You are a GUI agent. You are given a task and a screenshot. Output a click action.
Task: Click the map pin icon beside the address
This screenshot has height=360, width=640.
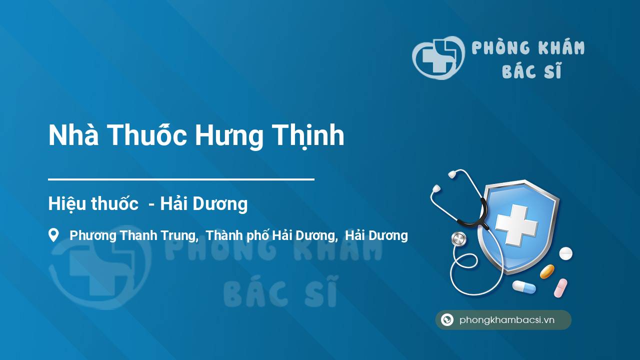click(x=53, y=235)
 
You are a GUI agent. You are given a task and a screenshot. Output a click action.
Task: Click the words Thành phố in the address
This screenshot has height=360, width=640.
click(x=237, y=235)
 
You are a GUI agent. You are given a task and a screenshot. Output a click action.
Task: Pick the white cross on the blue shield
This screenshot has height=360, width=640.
click(x=516, y=225)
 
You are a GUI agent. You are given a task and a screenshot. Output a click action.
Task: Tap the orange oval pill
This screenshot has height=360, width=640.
click(x=547, y=271)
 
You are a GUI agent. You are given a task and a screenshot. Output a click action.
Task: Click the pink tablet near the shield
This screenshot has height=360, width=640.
click(x=560, y=288)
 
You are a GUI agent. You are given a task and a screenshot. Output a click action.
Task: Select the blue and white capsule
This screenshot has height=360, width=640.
click(x=524, y=287)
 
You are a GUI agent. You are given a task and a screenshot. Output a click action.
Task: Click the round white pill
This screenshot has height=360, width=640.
click(x=565, y=253)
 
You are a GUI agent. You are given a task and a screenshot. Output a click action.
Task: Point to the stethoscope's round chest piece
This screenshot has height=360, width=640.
click(x=458, y=239)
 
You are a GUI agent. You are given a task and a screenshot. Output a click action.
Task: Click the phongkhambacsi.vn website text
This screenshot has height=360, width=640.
click(x=507, y=320)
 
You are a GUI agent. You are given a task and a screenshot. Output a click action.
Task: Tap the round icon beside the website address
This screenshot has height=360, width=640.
click(x=447, y=319)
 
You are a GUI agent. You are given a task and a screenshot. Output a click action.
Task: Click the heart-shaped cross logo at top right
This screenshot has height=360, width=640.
click(x=438, y=58)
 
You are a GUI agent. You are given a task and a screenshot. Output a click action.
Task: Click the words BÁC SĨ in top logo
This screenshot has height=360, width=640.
click(x=531, y=69)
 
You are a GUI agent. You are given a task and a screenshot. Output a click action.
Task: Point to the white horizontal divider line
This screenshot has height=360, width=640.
click(x=181, y=179)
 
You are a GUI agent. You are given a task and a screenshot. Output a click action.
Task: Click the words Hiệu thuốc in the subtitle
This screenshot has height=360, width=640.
click(x=93, y=204)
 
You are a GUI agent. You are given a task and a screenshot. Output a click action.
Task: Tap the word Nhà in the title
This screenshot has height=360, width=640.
click(x=73, y=134)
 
